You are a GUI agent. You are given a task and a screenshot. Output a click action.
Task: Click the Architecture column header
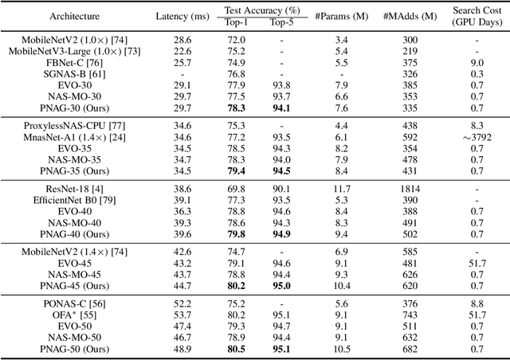tap(52, 14)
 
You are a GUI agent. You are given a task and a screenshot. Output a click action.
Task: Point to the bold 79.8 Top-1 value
tap(215, 234)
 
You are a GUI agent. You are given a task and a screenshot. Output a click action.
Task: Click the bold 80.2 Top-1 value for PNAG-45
tap(215, 286)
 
